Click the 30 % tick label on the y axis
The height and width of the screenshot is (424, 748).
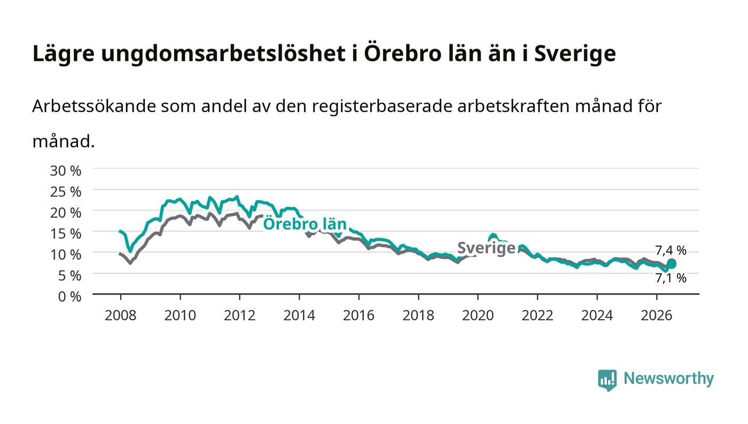click(65, 171)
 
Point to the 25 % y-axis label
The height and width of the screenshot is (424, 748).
click(65, 192)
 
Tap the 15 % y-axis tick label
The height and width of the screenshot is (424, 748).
click(65, 234)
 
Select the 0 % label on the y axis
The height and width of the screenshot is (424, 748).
click(69, 296)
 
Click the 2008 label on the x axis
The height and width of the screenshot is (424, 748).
click(121, 316)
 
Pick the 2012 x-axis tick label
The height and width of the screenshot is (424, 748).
click(240, 316)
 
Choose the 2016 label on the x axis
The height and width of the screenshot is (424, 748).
click(359, 316)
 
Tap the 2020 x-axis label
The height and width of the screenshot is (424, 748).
click(478, 316)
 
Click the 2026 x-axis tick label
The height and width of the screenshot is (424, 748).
click(657, 316)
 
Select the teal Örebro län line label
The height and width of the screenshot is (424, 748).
click(305, 224)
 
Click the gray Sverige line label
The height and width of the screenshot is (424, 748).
click(486, 248)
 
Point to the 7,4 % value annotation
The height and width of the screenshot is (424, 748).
click(671, 250)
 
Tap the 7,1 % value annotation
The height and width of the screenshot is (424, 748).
click(671, 278)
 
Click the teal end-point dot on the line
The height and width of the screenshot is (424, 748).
click(671, 264)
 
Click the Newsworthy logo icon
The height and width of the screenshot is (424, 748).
click(607, 380)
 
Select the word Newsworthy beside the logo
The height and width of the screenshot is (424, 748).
click(668, 379)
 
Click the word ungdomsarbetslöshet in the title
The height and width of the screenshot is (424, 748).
click(223, 53)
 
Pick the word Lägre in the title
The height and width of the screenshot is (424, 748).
click(64, 53)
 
